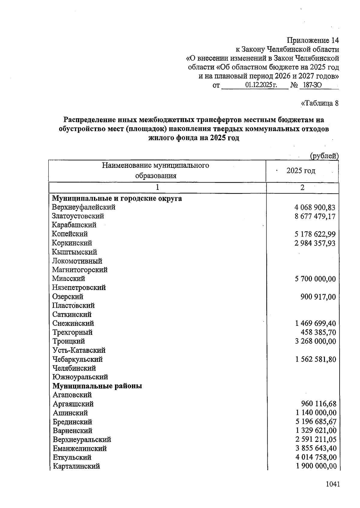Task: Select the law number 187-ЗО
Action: pyautogui.click(x=312, y=85)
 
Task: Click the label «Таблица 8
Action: pyautogui.click(x=319, y=103)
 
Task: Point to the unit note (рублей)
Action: pyautogui.click(x=324, y=156)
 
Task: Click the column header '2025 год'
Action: pyautogui.click(x=301, y=171)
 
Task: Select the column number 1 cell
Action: pyautogui.click(x=157, y=188)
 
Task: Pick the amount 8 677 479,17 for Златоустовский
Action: pyautogui.click(x=315, y=216)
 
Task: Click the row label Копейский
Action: pyautogui.click(x=70, y=234)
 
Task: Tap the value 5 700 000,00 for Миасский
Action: pyautogui.click(x=315, y=279)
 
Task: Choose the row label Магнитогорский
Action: pyautogui.click(x=80, y=270)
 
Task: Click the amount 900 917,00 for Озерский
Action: pyautogui.click(x=318, y=297)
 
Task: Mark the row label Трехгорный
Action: pyautogui.click(x=73, y=332)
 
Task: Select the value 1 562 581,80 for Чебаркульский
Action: pyautogui.click(x=316, y=359)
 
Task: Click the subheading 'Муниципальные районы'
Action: pyautogui.click(x=97, y=386)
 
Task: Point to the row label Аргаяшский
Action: pyautogui.click(x=73, y=404)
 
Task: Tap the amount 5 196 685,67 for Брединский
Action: pyautogui.click(x=316, y=422)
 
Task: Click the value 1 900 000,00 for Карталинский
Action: pyautogui.click(x=316, y=466)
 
